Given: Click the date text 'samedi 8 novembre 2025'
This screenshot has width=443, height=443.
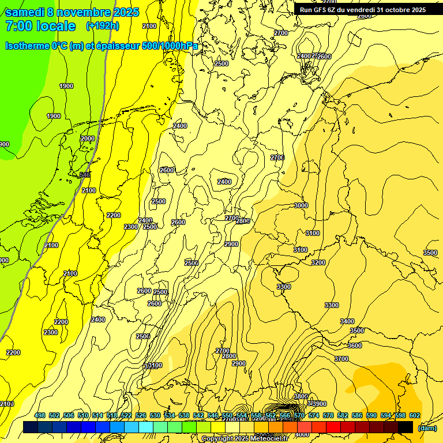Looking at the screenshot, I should [72, 12].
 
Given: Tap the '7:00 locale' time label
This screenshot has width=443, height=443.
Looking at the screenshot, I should [40, 26].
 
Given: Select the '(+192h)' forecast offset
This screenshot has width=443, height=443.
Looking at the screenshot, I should [103, 26].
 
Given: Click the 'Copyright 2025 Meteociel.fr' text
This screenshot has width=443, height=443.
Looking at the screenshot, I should [245, 438].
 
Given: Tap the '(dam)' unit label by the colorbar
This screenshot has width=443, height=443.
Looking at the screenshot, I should [427, 427].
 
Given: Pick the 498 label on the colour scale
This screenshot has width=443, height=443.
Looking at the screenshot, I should [40, 415].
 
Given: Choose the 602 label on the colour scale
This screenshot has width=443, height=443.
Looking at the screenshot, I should [415, 415].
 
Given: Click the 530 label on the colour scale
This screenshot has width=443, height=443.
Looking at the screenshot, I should [155, 415].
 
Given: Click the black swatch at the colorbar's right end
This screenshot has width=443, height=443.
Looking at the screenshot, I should [406, 427].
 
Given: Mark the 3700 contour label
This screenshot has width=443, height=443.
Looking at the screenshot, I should [341, 359].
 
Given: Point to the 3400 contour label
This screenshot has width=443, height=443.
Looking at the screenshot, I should [347, 321].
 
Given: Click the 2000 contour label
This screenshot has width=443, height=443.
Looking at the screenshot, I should [88, 139].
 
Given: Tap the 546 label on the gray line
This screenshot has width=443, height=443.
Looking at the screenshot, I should [85, 175].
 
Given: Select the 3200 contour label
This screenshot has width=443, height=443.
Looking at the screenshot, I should [318, 262].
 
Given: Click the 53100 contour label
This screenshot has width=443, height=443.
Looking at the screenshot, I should [153, 366].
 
